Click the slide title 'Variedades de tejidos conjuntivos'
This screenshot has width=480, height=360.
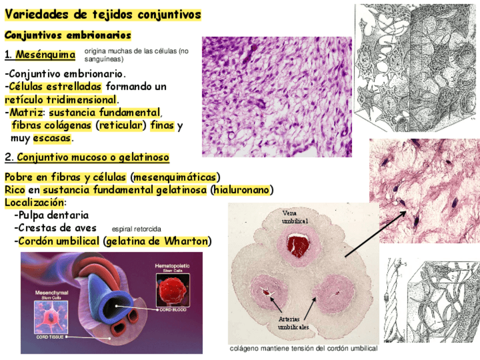pos(102,14)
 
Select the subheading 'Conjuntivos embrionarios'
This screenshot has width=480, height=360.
pos(68,35)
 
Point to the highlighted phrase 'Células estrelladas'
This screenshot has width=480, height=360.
pos(55,87)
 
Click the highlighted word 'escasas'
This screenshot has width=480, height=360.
pos(53,138)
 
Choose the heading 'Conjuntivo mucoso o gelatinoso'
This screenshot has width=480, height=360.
pos(93,157)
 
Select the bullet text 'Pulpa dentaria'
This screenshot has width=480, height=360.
pos(53,215)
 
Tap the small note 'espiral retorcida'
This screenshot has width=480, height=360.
pos(136,229)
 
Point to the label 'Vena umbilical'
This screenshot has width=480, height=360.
pos(295,216)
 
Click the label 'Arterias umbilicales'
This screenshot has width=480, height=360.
pos(293,323)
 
